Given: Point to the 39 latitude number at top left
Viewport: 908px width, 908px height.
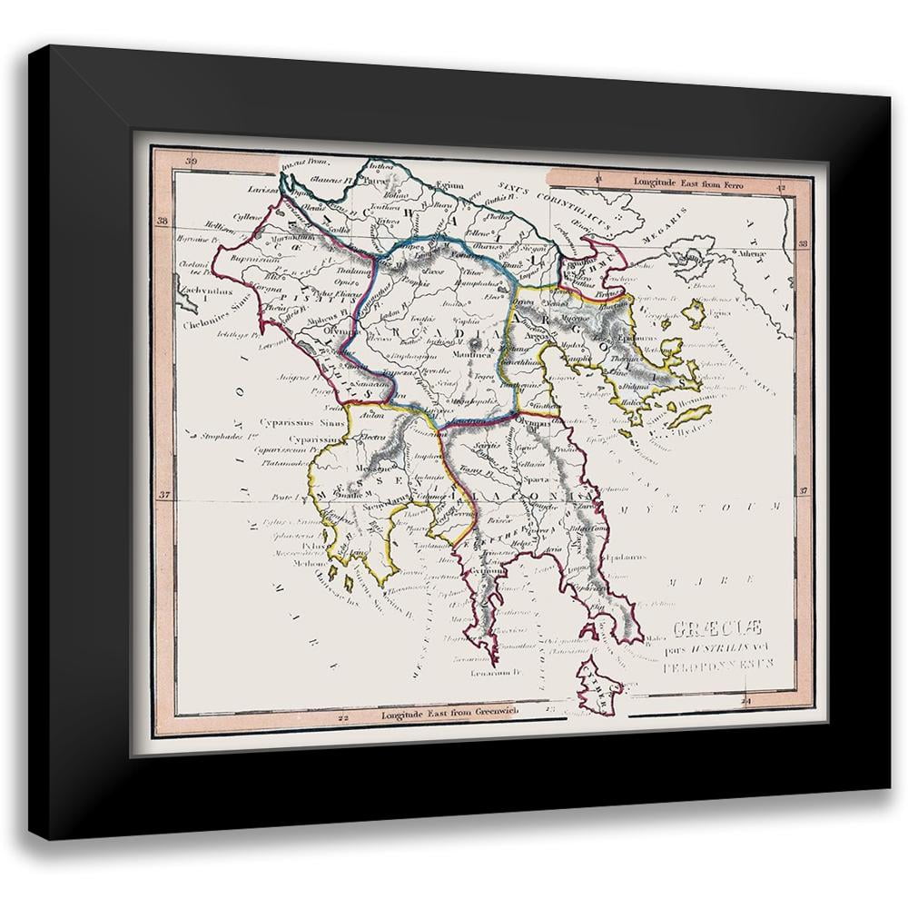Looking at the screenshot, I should pyautogui.click(x=190, y=162).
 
